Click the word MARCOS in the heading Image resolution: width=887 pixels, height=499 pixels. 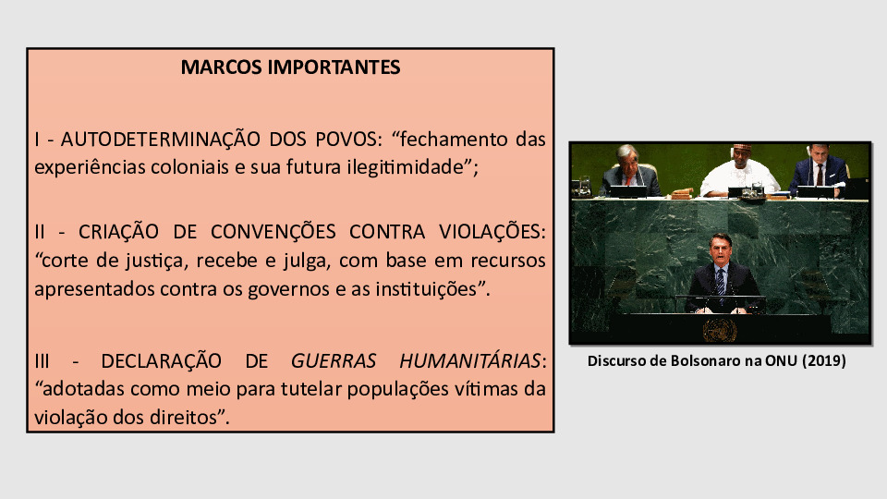(221, 67)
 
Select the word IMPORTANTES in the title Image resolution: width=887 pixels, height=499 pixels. (334, 67)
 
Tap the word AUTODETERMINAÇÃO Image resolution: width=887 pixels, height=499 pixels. (160, 139)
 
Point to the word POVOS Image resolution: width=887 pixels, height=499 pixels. (348, 140)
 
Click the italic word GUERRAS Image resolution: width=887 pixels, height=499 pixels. (334, 360)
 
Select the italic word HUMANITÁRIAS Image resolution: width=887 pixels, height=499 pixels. (470, 360)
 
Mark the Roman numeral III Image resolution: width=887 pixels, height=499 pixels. (42, 361)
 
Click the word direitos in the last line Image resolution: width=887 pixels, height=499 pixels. (183, 418)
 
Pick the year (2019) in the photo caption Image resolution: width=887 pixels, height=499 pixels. (823, 361)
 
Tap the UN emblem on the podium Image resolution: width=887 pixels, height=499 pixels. (720, 331)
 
